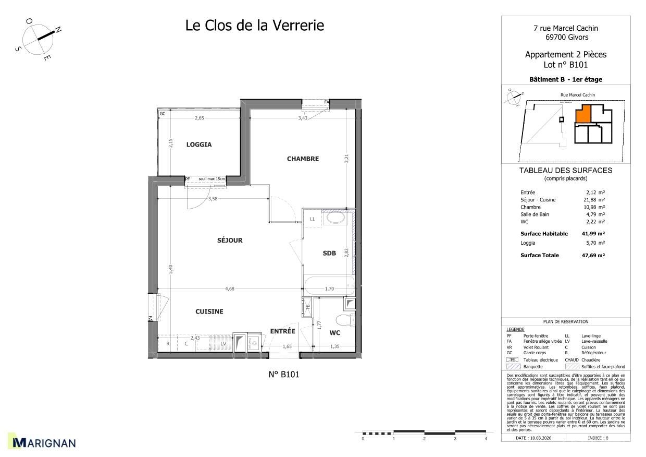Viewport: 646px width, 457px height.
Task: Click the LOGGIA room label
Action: pyautogui.click(x=199, y=145)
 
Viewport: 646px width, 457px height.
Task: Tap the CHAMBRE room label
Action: pyautogui.click(x=303, y=159)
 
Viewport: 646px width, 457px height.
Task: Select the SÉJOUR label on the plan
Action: pyautogui.click(x=230, y=240)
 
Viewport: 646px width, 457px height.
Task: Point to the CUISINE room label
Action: pyautogui.click(x=209, y=311)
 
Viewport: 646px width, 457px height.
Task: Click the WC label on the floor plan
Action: pyautogui.click(x=335, y=332)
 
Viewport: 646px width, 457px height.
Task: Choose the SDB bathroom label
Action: pyautogui.click(x=329, y=254)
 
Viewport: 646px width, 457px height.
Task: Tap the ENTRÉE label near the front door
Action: pyautogui.click(x=282, y=331)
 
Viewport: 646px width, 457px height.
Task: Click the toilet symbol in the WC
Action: pyautogui.click(x=343, y=319)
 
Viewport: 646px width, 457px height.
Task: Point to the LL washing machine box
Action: pyautogui.click(x=313, y=219)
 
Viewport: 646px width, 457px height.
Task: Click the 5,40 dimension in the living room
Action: pyautogui.click(x=170, y=269)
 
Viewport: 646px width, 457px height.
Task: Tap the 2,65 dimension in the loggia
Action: pyautogui.click(x=199, y=118)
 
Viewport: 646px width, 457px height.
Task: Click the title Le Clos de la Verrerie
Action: pyautogui.click(x=255, y=25)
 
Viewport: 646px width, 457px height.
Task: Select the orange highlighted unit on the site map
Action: pyautogui.click(x=583, y=114)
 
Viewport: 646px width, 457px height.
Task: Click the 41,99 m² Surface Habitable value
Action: pyautogui.click(x=593, y=234)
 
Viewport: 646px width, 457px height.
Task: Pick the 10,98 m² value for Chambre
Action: pyautogui.click(x=593, y=207)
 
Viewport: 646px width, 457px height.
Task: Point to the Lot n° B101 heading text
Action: pyautogui.click(x=565, y=65)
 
